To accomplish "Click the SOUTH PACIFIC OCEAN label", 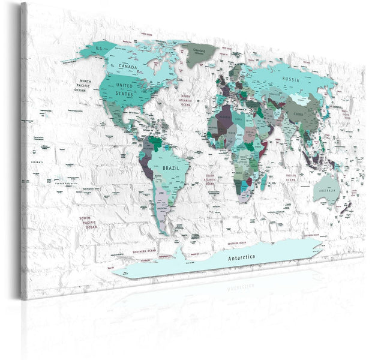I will pyautogui.click(x=91, y=222).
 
